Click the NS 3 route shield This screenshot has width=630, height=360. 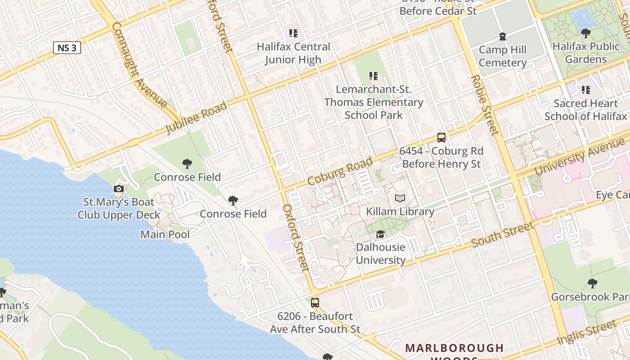67,48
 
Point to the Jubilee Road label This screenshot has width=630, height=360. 196,118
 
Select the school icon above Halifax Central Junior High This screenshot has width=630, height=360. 293,33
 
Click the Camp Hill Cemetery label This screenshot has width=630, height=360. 502,56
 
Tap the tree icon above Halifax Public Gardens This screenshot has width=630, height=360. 585,33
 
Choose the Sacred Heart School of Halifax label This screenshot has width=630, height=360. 585,110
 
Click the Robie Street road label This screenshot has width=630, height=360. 484,105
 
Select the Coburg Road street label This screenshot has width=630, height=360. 340,171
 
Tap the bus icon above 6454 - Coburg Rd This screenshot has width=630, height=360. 441,138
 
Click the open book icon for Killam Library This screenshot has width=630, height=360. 400,198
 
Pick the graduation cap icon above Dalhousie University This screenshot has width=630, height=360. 380,234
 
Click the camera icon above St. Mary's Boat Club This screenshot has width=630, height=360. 119,189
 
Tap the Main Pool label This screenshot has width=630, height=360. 165,234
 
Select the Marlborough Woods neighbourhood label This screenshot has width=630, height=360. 454,349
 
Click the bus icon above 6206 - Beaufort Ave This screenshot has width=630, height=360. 315,303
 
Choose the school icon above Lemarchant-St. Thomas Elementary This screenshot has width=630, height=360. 373,76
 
